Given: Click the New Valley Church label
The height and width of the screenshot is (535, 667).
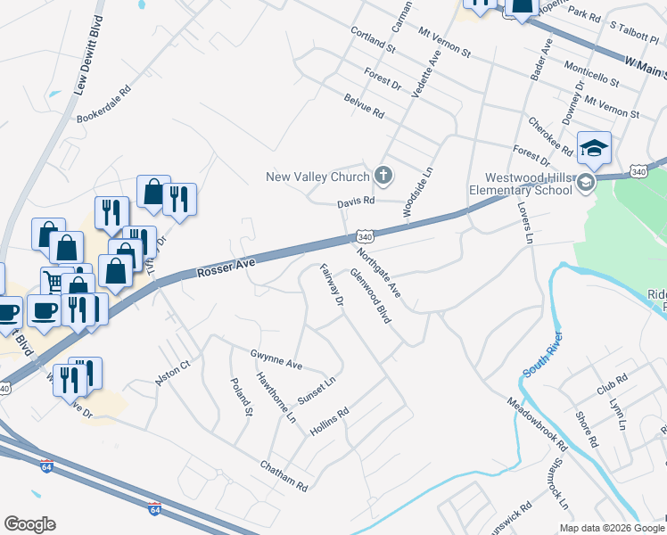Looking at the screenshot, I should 317,177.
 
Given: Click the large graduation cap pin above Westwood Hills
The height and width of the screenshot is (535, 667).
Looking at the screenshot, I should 595,148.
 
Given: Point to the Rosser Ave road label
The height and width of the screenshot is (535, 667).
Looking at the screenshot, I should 226,265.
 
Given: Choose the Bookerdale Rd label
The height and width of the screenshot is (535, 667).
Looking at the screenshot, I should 104,103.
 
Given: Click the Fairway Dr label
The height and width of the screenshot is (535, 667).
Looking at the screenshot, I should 331,286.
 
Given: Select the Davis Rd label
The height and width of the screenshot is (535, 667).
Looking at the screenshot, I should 355,203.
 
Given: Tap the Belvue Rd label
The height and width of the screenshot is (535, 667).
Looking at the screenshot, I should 364,108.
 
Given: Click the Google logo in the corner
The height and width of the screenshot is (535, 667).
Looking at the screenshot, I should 29,524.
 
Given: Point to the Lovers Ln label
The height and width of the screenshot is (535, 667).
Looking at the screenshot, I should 523,222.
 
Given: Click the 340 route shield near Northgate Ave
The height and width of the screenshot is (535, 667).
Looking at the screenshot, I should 364,237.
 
